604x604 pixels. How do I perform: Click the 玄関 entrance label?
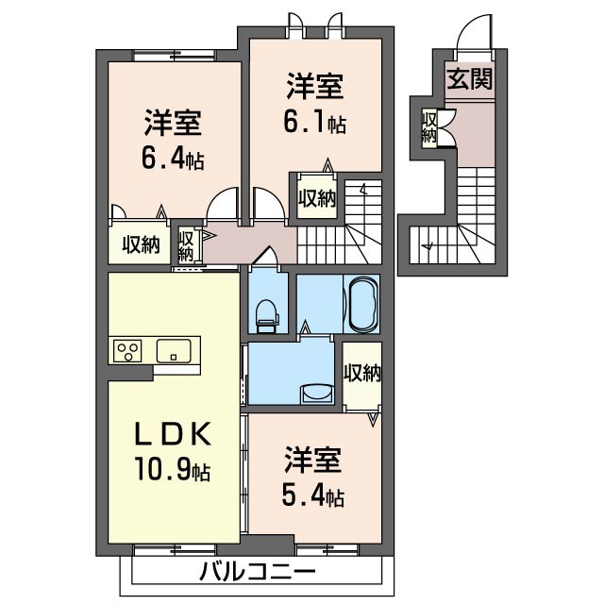tap(469, 78)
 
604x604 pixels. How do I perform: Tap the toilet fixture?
tap(265, 314)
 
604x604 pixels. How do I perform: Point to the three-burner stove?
tap(127, 351)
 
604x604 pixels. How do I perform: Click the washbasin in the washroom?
tap(313, 391)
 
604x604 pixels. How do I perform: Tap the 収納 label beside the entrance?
tap(429, 127)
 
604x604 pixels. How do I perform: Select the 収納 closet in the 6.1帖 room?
tap(317, 197)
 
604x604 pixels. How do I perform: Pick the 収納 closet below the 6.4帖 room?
tap(140, 245)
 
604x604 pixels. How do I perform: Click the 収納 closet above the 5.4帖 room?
tap(361, 373)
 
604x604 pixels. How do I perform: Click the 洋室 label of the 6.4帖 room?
tap(172, 124)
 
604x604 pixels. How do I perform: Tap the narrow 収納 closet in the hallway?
tap(186, 245)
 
